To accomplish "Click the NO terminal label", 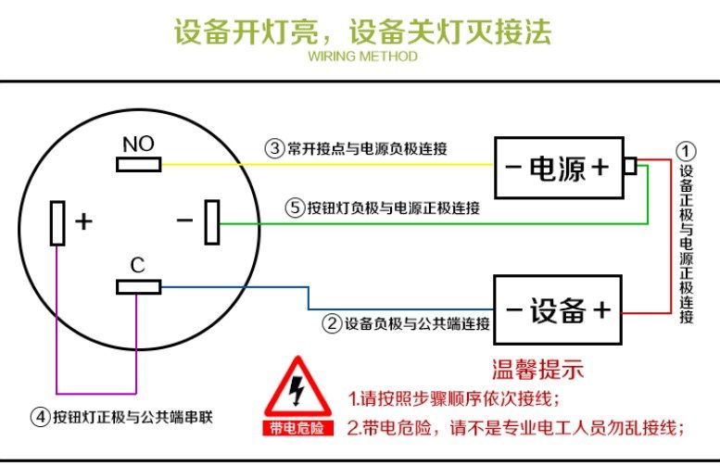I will tap(138, 144).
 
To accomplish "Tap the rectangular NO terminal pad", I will tap(138, 165).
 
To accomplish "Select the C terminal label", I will tap(137, 266).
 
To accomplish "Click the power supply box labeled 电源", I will tap(558, 168).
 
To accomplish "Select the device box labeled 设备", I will tap(558, 310).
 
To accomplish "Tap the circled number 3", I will tap(274, 147).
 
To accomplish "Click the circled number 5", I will tap(295, 208).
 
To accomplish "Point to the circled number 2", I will tap(332, 323).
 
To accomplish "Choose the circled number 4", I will tap(40, 416).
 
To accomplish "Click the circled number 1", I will tap(685, 150).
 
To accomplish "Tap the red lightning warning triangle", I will tap(297, 390).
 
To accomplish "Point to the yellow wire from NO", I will tap(371, 165).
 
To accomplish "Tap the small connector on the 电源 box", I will tap(630, 166).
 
